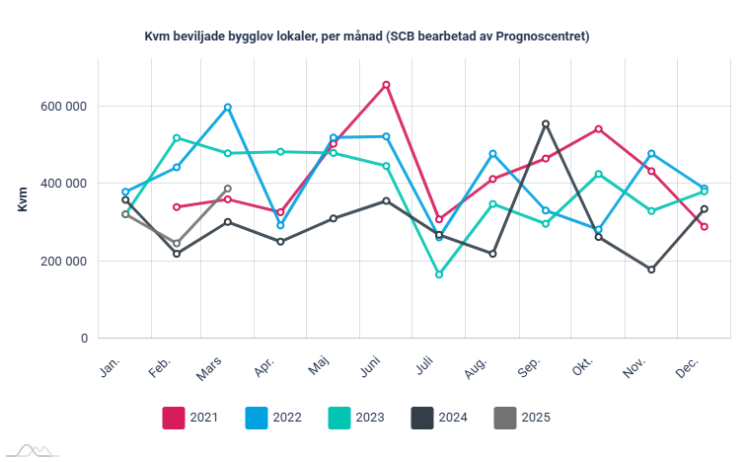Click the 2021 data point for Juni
point(386,85)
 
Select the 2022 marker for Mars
point(228,107)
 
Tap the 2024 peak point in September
point(546,124)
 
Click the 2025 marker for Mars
point(228,189)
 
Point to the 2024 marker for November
point(651,269)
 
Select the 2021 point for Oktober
point(599,129)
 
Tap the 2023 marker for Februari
point(177,138)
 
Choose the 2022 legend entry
point(272,418)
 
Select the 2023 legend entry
point(355,418)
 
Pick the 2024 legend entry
point(438,418)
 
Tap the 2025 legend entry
point(520,418)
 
